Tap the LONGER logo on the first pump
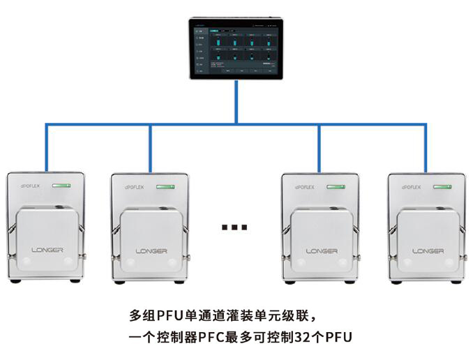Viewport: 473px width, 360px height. tap(47, 250)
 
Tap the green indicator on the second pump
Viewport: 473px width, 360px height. tap(166, 186)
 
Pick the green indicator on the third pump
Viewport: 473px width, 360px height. tap(336, 186)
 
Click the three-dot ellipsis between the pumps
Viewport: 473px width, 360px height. tap(234, 226)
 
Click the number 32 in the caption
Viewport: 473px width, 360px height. tap(310, 337)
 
